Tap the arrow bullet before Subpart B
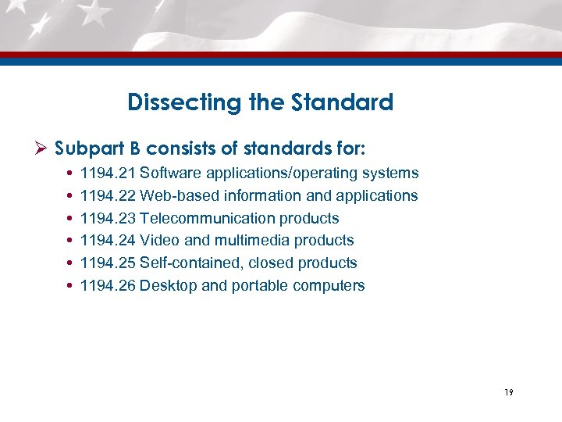(43, 147)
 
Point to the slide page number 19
(508, 392)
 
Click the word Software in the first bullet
(170, 173)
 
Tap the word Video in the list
(158, 240)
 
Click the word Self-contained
(187, 263)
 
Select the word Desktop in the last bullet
(168, 285)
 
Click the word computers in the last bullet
(329, 285)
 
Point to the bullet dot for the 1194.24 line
(72, 241)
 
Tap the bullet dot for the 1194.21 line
(72, 173)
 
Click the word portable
(258, 285)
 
